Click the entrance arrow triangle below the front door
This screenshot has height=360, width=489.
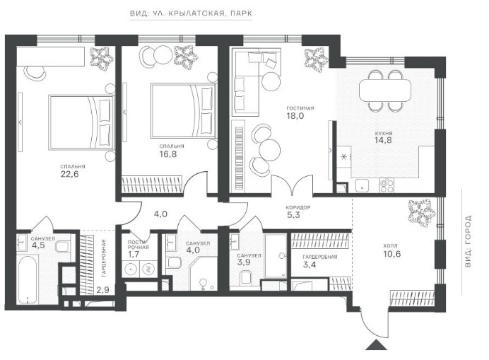[376, 344]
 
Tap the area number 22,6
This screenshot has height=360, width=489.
[69, 174]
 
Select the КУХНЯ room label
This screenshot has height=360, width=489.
[384, 134]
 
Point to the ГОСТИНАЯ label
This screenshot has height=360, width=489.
[300, 108]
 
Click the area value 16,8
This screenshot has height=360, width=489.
[167, 154]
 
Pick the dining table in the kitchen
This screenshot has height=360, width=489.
[385, 90]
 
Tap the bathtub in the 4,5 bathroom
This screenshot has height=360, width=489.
[28, 279]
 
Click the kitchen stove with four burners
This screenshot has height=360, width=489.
[387, 185]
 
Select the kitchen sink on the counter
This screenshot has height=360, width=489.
[362, 185]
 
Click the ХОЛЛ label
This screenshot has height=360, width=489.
[390, 245]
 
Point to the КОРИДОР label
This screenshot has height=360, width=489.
[297, 207]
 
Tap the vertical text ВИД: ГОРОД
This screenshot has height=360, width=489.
[468, 240]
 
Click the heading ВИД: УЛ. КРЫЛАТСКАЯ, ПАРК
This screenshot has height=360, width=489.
[191, 13]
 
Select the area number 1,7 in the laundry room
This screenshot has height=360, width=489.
[134, 254]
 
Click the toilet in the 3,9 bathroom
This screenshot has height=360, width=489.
[246, 277]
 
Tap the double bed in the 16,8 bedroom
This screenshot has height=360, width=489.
[184, 110]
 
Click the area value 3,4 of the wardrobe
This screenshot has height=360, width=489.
[309, 265]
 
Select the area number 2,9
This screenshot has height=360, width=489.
[102, 290]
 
